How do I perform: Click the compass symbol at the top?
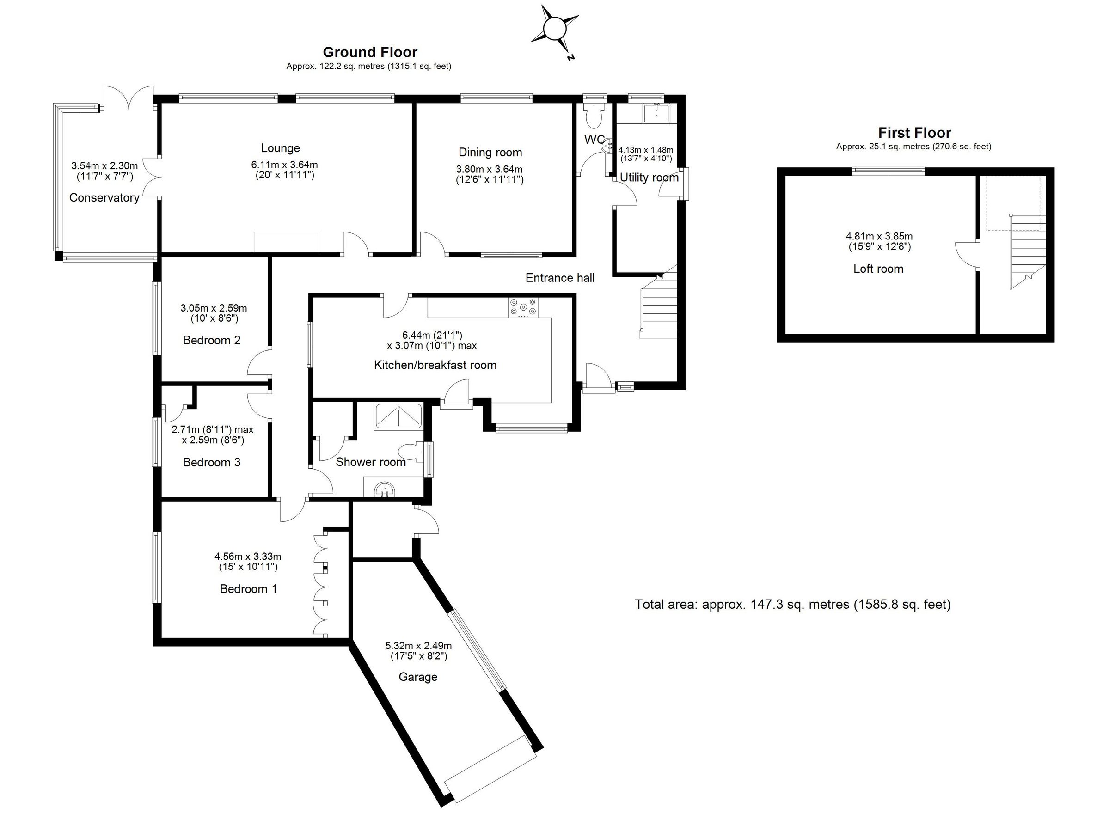[x=553, y=30]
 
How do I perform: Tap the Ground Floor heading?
[x=370, y=52]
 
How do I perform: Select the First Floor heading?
[x=914, y=133]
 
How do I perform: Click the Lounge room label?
[x=280, y=148]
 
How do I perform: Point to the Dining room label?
[x=490, y=152]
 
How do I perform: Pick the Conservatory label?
[x=104, y=197]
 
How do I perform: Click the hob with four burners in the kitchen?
[x=523, y=307]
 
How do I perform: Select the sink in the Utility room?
[x=657, y=114]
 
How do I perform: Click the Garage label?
[x=418, y=677]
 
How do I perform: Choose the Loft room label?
[x=878, y=269]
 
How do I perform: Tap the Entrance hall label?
[x=560, y=278]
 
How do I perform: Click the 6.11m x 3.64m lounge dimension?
[x=284, y=165]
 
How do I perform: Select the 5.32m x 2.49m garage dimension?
[x=418, y=646]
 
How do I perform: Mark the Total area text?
[x=792, y=605]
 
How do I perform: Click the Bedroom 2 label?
[x=211, y=341]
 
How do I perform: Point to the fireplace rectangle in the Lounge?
[x=287, y=242]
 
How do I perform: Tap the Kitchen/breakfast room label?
[x=435, y=365]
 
